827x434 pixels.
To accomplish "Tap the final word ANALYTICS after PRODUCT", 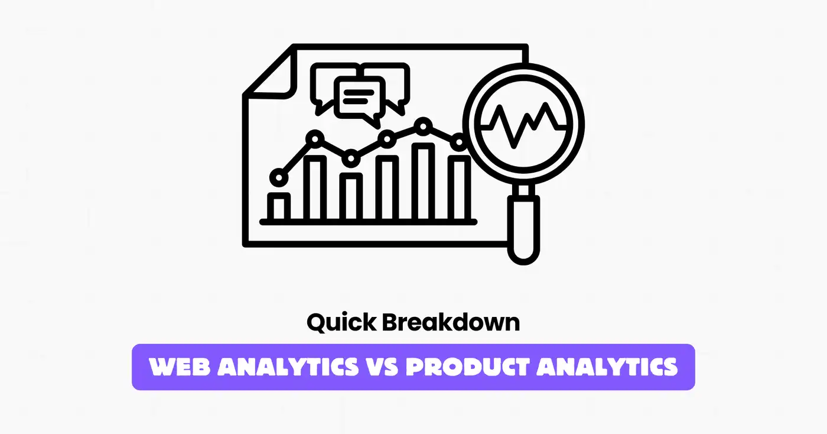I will tap(609, 367).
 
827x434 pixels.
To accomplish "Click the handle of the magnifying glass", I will tap(524, 227).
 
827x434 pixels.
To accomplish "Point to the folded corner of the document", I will tap(269, 77).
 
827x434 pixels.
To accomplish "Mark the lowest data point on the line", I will tap(278, 177).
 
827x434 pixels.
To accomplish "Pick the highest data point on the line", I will tap(422, 125).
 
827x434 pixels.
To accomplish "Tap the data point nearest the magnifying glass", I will tap(458, 142).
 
